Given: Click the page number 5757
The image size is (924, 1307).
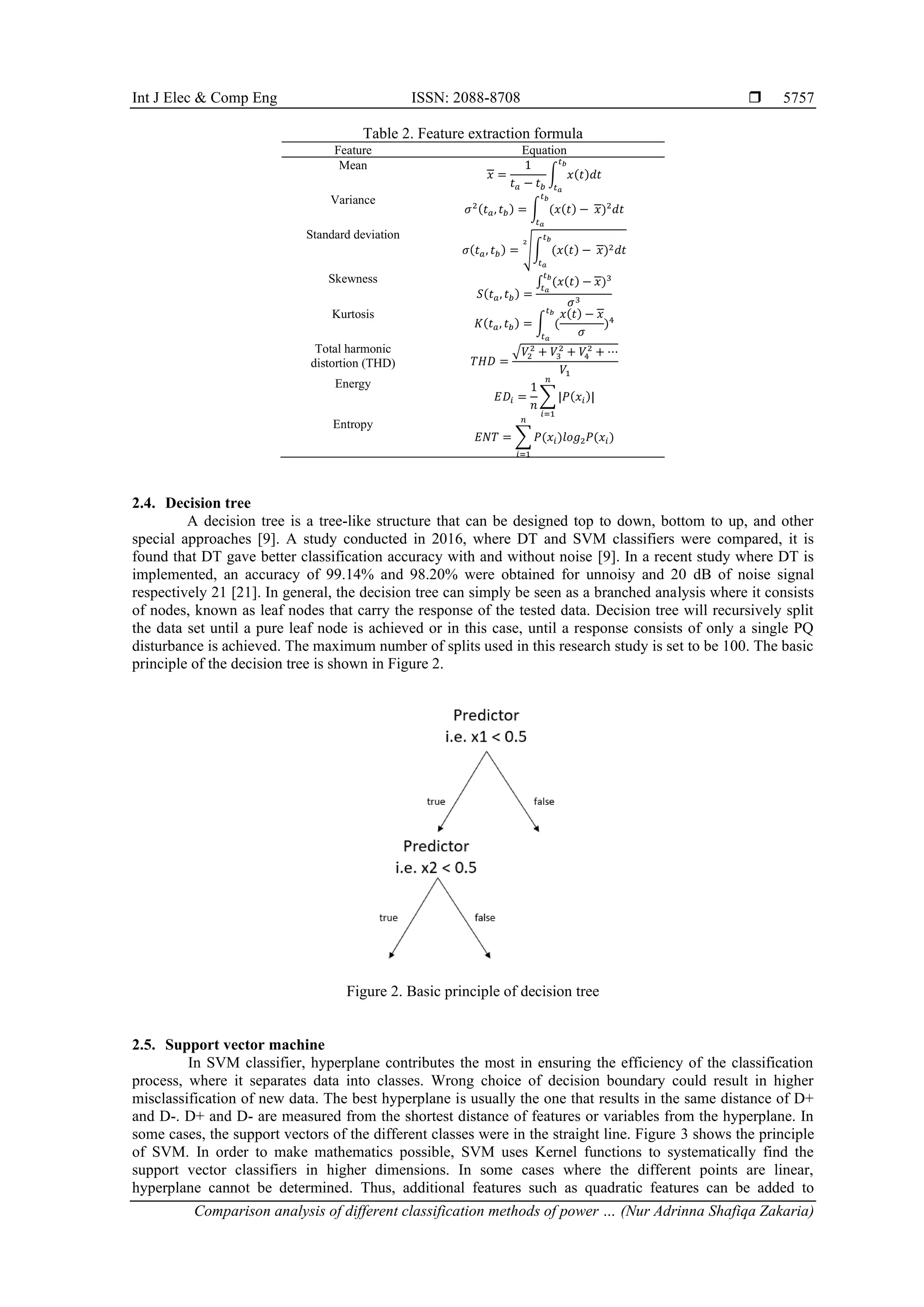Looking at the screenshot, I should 798,98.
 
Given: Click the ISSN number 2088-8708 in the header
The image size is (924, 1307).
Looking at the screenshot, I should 485,98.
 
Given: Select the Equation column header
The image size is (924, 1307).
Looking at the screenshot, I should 544,150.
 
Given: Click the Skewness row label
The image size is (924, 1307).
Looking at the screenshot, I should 352,279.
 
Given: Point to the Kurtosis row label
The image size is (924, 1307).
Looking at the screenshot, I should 352,314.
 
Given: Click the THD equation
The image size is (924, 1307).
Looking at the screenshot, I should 544,360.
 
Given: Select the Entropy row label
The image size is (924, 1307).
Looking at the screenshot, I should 352,424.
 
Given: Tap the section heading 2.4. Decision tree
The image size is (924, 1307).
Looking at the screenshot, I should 191,503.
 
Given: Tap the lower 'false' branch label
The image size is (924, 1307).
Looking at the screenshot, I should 485,918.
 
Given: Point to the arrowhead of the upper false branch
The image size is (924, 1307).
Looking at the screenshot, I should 536,829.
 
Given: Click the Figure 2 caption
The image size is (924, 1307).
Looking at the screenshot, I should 472,992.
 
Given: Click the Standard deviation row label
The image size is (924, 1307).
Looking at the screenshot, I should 352,235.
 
